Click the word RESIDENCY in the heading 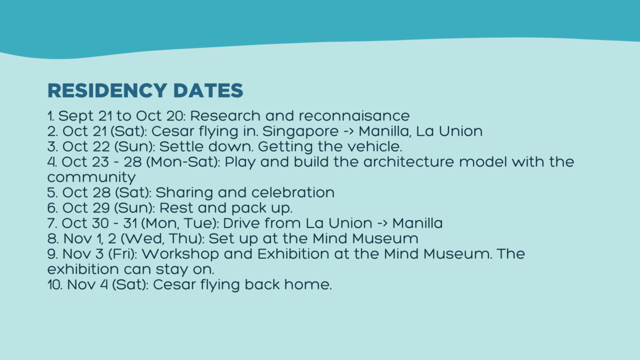pos(107,90)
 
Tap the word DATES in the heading pos(208,90)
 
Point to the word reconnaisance pos(354,116)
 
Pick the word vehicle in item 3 pos(374,146)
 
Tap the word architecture pos(408,162)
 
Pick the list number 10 pos(55,285)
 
